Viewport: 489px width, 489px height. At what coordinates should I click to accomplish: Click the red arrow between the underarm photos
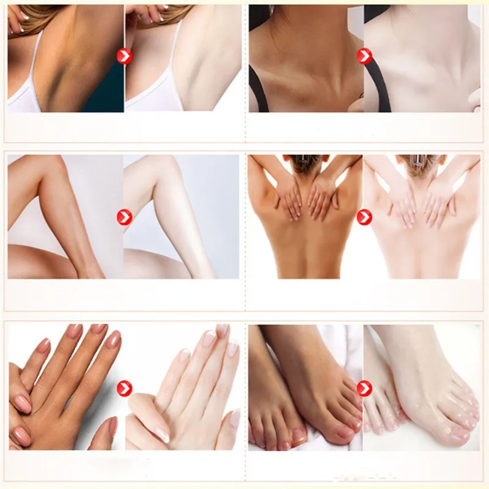coord(124,57)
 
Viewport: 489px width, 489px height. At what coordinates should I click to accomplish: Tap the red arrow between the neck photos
coord(364,57)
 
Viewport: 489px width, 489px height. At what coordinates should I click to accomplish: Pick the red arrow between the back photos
coord(364,217)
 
